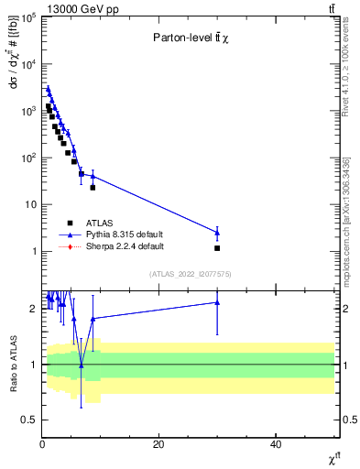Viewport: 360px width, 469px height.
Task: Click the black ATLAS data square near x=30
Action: pyautogui.click(x=217, y=248)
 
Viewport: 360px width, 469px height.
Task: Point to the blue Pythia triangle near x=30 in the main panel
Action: pyautogui.click(x=217, y=232)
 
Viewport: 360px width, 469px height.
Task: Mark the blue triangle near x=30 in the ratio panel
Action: pyautogui.click(x=217, y=302)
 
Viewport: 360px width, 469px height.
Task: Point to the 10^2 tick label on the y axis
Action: pyautogui.click(x=26, y=158)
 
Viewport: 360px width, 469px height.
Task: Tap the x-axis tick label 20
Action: pyautogui.click(x=158, y=444)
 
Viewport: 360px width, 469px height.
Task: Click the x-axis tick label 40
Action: pyautogui.click(x=276, y=444)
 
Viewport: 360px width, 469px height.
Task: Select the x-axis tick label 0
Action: pyautogui.click(x=42, y=444)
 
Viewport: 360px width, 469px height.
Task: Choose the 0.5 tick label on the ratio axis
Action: pyautogui.click(x=29, y=420)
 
